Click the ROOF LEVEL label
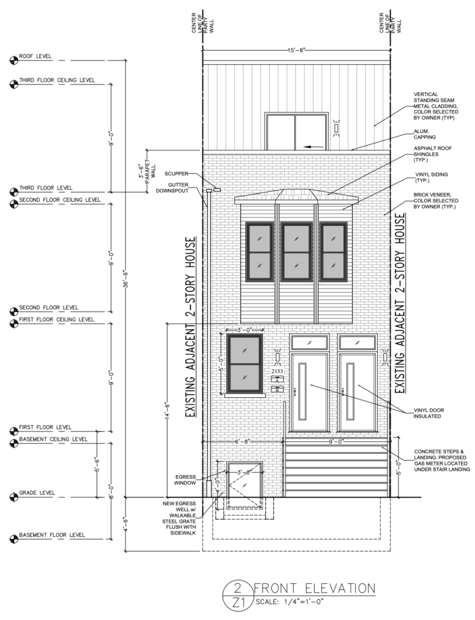click(x=35, y=56)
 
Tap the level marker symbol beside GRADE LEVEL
click(x=13, y=494)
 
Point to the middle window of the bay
click(x=296, y=250)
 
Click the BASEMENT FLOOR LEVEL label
click(x=51, y=535)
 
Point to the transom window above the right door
click(x=356, y=343)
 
